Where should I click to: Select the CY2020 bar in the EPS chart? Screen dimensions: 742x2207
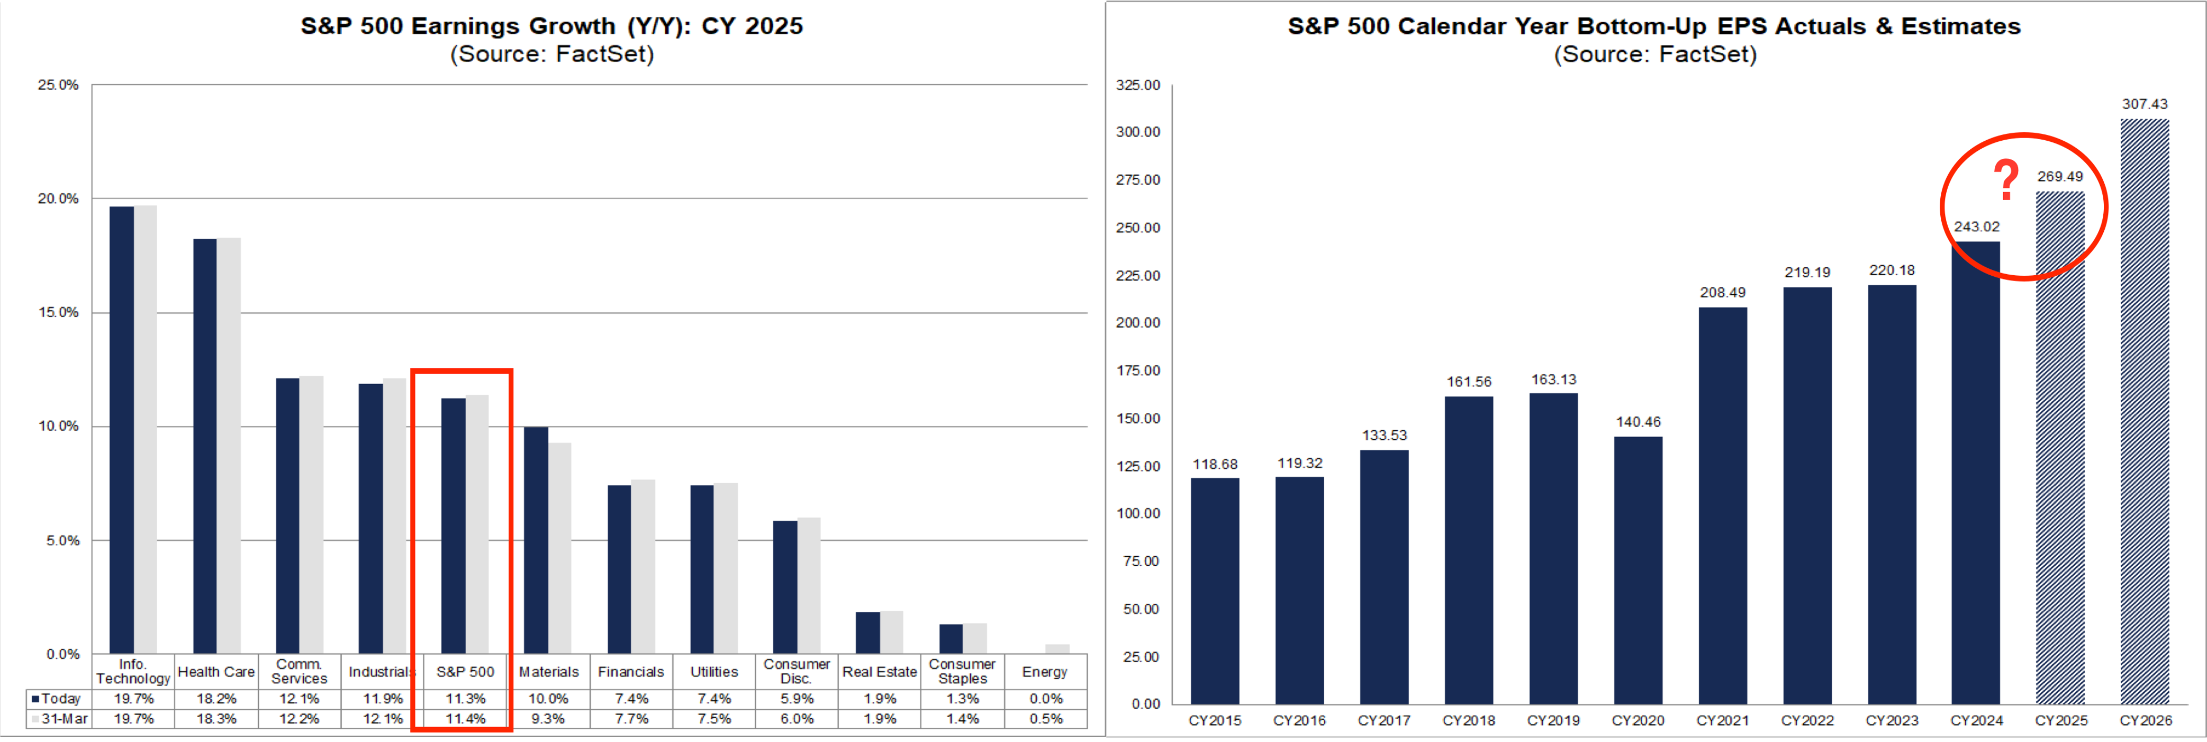[1638, 570]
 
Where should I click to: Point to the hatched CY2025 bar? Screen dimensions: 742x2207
[2060, 446]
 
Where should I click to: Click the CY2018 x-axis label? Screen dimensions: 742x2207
[1469, 721]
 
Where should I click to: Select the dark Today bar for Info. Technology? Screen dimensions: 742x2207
[122, 428]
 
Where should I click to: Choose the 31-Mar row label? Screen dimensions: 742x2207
[60, 719]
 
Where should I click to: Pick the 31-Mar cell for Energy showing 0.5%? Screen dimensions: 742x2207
[1046, 719]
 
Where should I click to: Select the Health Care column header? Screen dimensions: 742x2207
[216, 672]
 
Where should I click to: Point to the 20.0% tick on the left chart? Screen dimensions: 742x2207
[58, 199]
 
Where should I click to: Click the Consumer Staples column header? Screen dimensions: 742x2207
[962, 671]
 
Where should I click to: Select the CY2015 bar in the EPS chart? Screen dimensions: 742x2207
[1214, 591]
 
